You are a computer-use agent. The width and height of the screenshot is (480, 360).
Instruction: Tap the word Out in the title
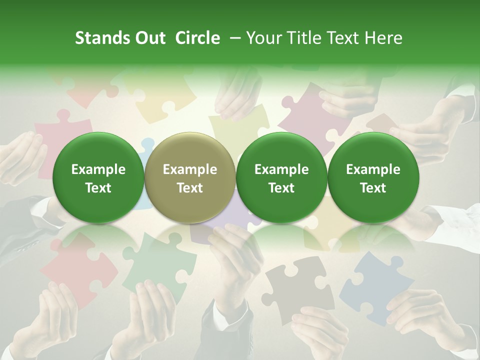pyautogui.click(x=149, y=38)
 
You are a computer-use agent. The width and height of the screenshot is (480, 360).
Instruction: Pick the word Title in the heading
pyautogui.click(x=300, y=38)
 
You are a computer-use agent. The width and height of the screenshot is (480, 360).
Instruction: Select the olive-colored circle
pyautogui.click(x=190, y=177)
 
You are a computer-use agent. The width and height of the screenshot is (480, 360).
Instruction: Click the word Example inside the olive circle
pyautogui.click(x=190, y=169)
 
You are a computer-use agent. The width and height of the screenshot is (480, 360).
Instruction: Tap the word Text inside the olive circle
pyautogui.click(x=190, y=188)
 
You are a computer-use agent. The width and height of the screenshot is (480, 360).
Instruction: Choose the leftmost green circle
pyautogui.click(x=98, y=177)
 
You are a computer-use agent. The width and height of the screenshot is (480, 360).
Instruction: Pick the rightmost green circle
pyautogui.click(x=373, y=177)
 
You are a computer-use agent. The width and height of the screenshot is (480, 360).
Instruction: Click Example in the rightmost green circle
pyautogui.click(x=373, y=169)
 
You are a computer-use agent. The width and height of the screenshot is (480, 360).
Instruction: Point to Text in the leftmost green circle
pyautogui.click(x=98, y=188)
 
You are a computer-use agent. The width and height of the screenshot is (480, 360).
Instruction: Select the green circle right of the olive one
pyautogui.click(x=281, y=177)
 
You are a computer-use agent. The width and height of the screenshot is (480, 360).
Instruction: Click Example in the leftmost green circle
pyautogui.click(x=98, y=169)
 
